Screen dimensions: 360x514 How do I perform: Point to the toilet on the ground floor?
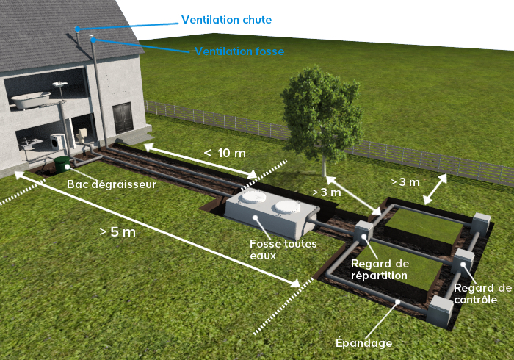click(x=84, y=135)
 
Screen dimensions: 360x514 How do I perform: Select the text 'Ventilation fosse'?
click(x=239, y=51)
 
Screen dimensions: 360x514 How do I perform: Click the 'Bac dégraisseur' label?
click(x=111, y=184)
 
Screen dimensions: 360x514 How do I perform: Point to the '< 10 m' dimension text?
click(x=225, y=153)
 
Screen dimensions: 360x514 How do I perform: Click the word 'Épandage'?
click(x=363, y=342)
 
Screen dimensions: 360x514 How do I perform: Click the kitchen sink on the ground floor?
click(x=27, y=144)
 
